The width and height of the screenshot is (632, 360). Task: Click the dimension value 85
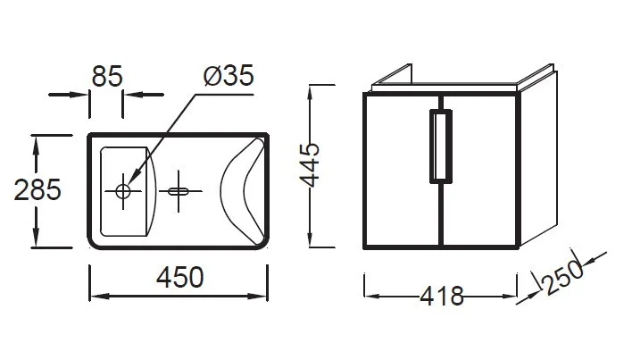(107, 76)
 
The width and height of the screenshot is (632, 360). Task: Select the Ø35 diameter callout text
(229, 75)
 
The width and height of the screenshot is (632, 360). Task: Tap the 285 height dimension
(37, 190)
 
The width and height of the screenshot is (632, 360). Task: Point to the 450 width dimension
(179, 277)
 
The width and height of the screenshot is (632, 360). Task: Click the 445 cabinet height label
(310, 165)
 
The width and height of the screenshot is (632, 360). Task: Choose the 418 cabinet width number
(442, 297)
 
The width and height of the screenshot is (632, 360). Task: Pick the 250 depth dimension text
(563, 277)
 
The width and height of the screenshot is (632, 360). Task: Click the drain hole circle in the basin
(123, 191)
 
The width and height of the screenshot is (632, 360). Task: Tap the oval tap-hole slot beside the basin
(179, 191)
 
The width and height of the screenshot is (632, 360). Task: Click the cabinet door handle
(441, 147)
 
